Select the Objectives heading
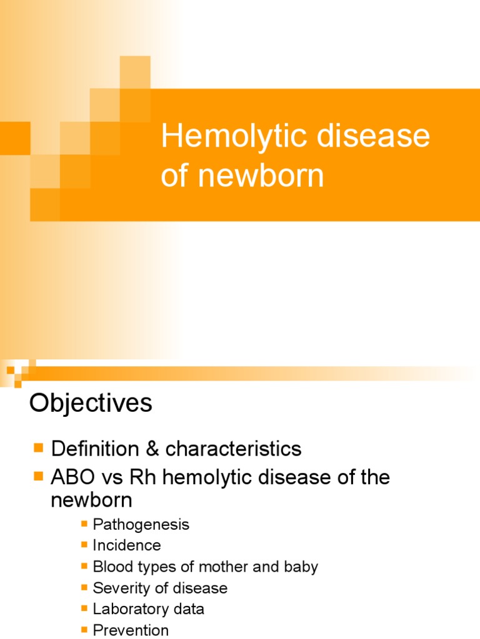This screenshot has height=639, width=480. [x=91, y=404]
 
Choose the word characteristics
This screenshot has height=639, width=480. [x=233, y=449]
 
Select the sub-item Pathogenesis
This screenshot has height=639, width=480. [x=141, y=524]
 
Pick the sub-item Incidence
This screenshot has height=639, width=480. [x=127, y=545]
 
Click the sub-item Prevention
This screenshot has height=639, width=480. [x=131, y=630]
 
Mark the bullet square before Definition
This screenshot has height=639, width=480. [x=39, y=448]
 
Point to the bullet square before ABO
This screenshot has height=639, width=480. [x=39, y=477]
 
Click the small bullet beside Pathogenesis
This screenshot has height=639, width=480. [x=85, y=524]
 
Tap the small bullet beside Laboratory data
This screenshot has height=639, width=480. [x=85, y=608]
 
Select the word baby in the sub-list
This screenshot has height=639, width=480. [x=301, y=567]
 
